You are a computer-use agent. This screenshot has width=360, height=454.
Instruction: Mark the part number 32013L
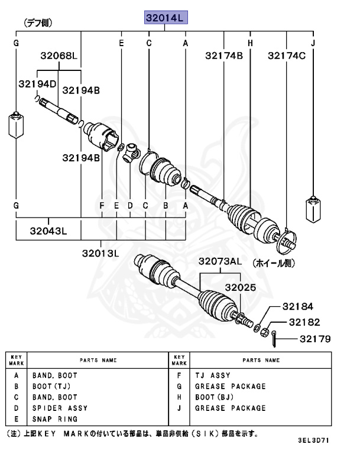point(100,253)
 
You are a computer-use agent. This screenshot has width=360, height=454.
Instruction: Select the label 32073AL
point(220,261)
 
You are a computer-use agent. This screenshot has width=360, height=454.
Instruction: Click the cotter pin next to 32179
point(275,339)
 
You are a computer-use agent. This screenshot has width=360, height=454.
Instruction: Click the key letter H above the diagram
point(250,44)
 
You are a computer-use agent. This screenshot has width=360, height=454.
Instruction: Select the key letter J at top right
point(313,44)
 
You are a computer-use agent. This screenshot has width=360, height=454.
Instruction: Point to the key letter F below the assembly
point(102,205)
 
